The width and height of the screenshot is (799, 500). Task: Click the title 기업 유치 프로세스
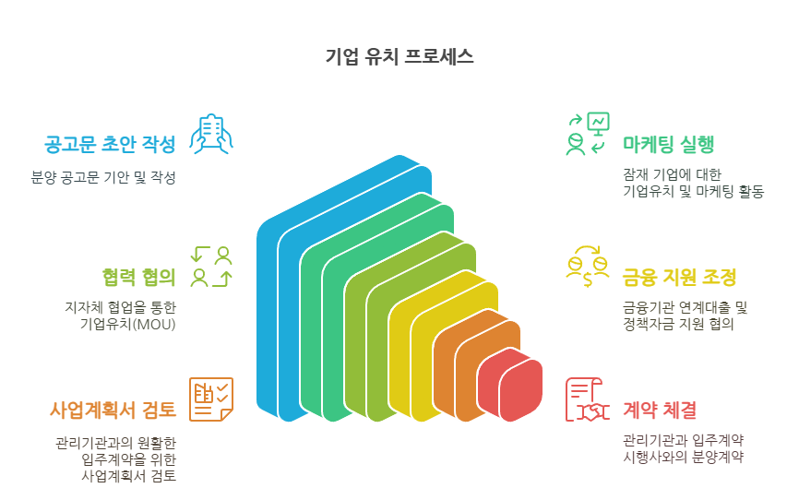(x=399, y=56)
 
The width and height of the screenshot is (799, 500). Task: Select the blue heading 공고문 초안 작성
(x=110, y=144)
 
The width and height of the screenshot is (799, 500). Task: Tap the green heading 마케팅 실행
(x=668, y=144)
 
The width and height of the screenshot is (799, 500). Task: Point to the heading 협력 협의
(x=138, y=277)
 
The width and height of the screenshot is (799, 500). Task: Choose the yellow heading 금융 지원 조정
(x=679, y=278)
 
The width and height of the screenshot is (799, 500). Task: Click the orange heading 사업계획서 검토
(x=113, y=410)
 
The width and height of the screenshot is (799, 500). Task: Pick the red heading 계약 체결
(x=660, y=410)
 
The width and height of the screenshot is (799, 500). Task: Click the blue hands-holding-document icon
(x=211, y=134)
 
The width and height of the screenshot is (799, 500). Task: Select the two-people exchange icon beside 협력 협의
(x=211, y=267)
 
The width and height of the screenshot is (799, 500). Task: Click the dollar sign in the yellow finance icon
(x=588, y=280)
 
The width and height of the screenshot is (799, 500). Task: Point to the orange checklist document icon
(x=211, y=399)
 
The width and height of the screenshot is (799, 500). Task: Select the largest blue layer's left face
(x=267, y=316)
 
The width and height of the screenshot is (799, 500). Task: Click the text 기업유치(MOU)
(x=128, y=324)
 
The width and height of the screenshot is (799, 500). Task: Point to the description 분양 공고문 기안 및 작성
(x=103, y=177)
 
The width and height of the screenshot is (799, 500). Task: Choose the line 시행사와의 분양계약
(x=683, y=457)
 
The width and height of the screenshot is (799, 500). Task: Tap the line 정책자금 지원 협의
(x=678, y=324)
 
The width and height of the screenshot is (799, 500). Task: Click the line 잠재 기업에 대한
(x=672, y=175)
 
